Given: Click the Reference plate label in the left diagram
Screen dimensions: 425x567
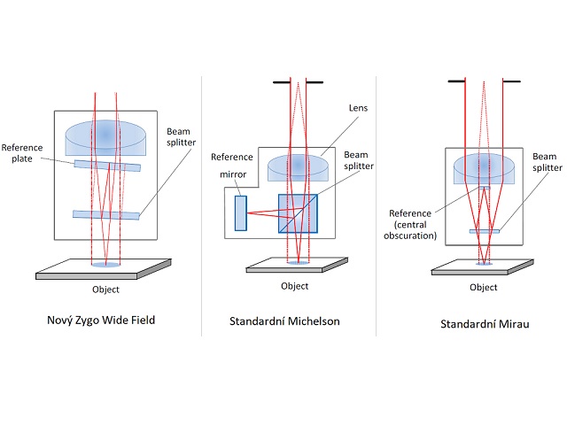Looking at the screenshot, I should coord(23,153).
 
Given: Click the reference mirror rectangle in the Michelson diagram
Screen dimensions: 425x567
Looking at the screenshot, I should coord(240,213).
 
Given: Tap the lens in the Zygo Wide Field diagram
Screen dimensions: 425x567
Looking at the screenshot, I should coord(106,135).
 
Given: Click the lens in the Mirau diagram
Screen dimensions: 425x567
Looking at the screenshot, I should coord(484,171).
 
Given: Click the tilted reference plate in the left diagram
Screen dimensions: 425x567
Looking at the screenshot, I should coord(107,165).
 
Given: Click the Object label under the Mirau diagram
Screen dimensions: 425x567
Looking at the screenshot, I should coord(483,287).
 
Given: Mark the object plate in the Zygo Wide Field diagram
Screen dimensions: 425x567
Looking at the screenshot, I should coord(105,269).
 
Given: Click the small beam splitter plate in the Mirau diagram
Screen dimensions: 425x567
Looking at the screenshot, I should coord(484,231).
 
